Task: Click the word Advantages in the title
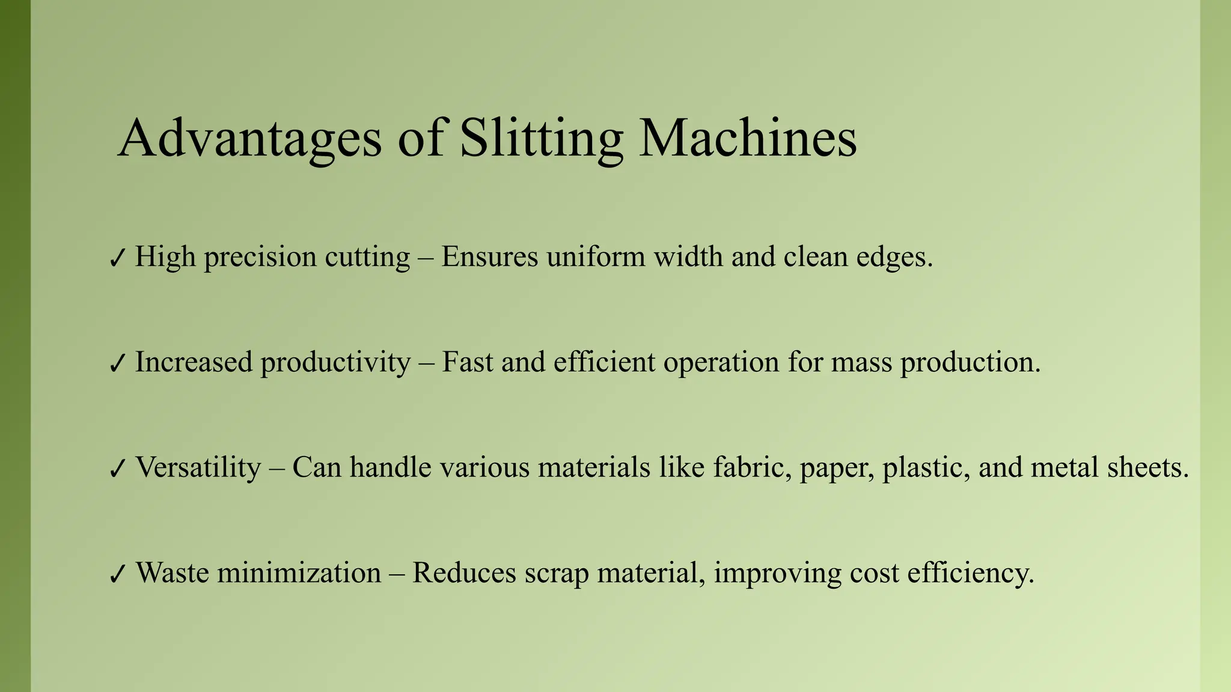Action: [x=249, y=138]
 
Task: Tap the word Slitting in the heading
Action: [x=541, y=138]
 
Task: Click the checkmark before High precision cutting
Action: [x=117, y=258]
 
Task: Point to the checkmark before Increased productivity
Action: [x=117, y=363]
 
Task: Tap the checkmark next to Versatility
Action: [x=117, y=469]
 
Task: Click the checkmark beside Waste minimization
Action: [x=117, y=574]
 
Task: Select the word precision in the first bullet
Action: [x=260, y=257]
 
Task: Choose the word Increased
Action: [x=194, y=362]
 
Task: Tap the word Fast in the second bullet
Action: [x=467, y=362]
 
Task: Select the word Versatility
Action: [x=198, y=467]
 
